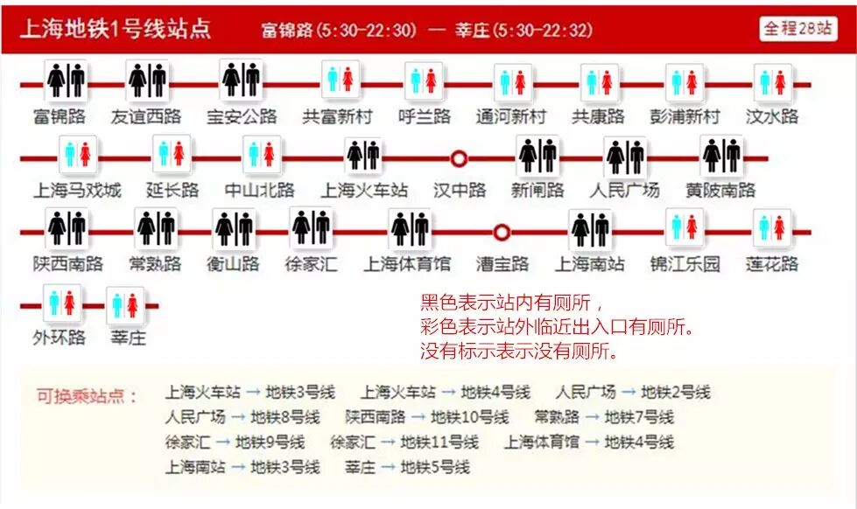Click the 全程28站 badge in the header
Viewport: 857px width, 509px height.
[797, 28]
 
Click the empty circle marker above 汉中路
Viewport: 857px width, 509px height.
[459, 158]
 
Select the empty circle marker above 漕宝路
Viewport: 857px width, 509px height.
[502, 233]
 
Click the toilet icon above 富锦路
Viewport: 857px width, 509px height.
[67, 81]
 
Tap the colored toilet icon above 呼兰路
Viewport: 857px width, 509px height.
[424, 81]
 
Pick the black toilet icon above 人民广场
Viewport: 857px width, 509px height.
[625, 157]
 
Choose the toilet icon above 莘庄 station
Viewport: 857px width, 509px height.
[125, 305]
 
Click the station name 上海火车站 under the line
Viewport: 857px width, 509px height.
[363, 190]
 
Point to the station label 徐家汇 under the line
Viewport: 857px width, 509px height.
[311, 264]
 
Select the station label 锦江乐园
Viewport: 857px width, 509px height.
[685, 264]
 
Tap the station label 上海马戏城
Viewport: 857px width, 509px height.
[77, 190]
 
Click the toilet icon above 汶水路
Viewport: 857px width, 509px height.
[772, 81]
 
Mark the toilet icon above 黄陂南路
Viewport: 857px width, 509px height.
[720, 157]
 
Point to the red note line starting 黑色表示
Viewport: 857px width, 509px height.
[512, 303]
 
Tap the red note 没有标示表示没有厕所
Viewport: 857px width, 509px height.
[519, 352]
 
